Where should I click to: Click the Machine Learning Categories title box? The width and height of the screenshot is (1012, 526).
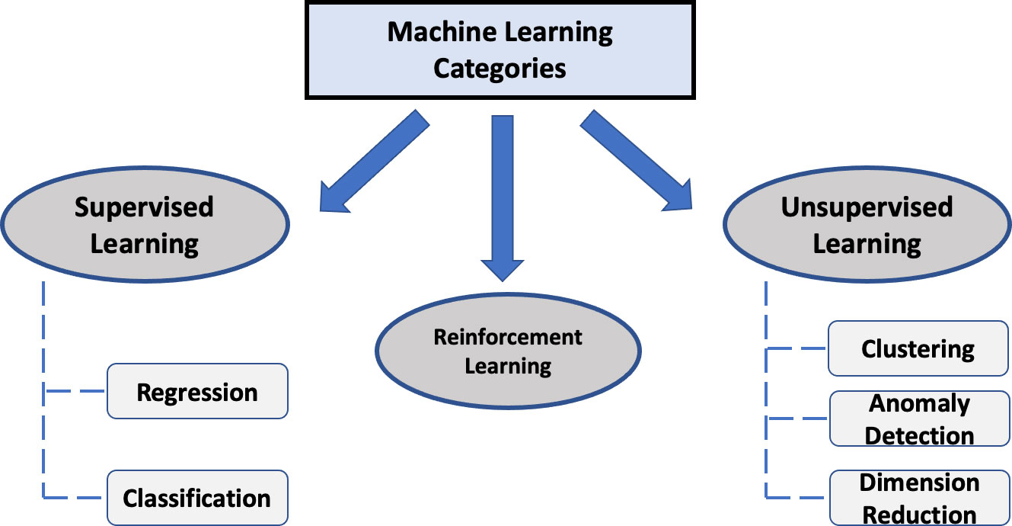(500, 50)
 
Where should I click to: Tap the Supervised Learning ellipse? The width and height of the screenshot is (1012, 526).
(145, 226)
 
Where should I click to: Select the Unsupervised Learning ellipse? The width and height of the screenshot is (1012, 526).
(867, 226)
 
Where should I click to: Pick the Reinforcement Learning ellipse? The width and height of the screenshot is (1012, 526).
(508, 351)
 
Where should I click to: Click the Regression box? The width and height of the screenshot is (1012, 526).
(197, 392)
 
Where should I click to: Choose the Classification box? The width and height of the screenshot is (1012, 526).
(197, 498)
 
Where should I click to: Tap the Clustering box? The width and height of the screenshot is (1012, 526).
(918, 349)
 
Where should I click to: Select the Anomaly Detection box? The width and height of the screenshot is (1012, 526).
(918, 419)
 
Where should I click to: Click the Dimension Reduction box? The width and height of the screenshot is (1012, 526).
(918, 498)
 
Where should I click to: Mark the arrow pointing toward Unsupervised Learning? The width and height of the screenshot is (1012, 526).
(637, 160)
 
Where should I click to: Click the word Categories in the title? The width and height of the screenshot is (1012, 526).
(500, 69)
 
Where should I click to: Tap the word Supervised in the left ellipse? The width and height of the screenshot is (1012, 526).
(144, 207)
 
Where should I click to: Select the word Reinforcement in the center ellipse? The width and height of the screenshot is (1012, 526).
(508, 337)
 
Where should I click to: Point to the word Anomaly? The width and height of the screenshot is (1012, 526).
(919, 403)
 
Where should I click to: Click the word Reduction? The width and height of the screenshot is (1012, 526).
(919, 515)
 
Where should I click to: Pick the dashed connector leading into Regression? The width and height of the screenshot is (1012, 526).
(76, 392)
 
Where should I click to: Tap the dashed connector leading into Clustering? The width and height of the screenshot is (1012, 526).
(797, 349)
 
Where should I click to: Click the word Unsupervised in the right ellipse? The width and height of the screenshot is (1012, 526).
(867, 207)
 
